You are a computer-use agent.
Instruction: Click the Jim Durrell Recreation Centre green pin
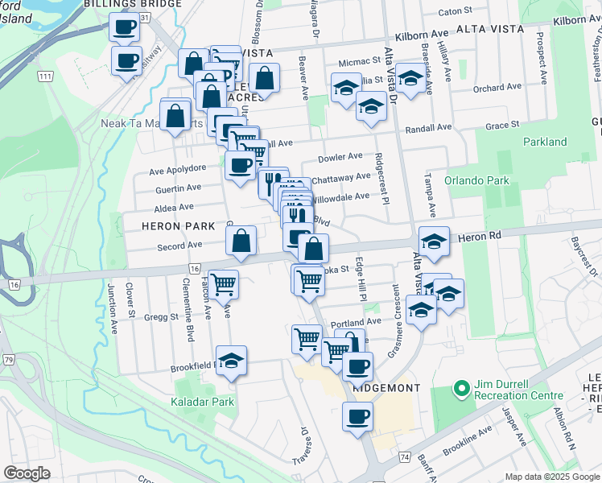461,389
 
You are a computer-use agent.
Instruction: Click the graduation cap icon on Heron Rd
433,242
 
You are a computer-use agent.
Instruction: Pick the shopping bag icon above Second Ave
241,240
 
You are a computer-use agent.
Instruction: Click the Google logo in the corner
26,473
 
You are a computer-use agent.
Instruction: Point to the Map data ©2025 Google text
551,477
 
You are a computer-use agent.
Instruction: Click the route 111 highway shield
45,76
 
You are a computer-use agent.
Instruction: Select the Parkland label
545,142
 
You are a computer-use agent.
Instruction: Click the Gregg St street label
163,316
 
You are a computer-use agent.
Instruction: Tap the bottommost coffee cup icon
357,417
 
